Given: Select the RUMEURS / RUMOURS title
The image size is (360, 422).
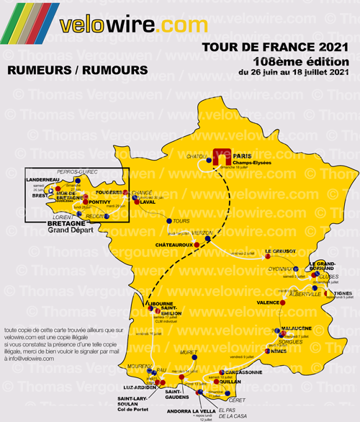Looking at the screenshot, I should pos(76,71).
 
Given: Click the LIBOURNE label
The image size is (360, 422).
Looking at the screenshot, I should pos(160,304).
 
